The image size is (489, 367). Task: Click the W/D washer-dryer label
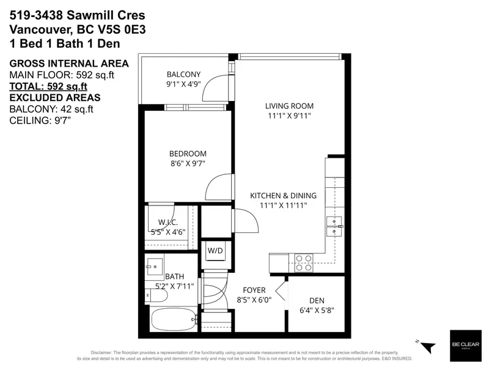point(215,251)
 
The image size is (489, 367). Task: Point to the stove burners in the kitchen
point(304,262)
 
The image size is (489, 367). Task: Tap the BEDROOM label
point(188,154)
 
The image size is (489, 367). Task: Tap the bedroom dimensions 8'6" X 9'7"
point(188,164)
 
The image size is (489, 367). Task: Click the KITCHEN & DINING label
point(283,196)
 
